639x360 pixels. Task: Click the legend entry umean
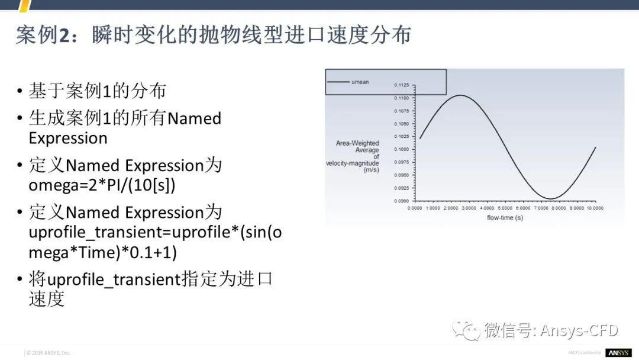tap(360, 82)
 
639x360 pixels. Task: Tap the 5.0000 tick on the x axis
tap(505, 208)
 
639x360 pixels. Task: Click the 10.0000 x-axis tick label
tap(594, 208)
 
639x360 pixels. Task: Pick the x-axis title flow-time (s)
tap(505, 217)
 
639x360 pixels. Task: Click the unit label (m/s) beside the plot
tap(370, 169)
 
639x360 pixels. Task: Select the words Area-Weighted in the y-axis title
tap(357, 143)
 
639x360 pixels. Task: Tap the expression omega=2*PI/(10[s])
tap(102, 185)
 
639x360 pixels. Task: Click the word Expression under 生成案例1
tap(68, 138)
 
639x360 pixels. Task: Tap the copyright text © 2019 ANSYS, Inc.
tap(48, 353)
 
